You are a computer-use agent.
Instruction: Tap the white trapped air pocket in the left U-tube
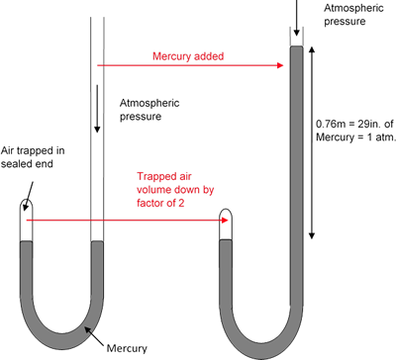pyautogui.click(x=27, y=222)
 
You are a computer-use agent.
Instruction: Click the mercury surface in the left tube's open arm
pyautogui.click(x=97, y=242)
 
